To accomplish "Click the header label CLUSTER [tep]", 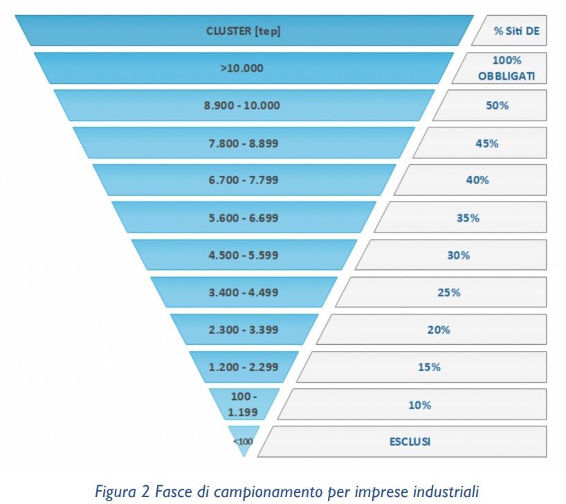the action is pyautogui.click(x=244, y=31).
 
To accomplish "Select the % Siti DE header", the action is pyautogui.click(x=517, y=31).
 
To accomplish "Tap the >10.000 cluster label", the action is pyautogui.click(x=242, y=68).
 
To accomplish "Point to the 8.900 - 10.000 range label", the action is pyautogui.click(x=242, y=105).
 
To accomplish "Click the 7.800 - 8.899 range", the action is pyautogui.click(x=244, y=143).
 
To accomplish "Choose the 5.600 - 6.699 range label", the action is pyautogui.click(x=244, y=218).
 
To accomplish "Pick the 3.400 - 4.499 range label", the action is pyautogui.click(x=244, y=292).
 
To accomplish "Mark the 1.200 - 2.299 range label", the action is pyautogui.click(x=244, y=367).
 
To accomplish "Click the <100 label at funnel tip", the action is pyautogui.click(x=243, y=442).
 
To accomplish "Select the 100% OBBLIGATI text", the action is pyautogui.click(x=506, y=68).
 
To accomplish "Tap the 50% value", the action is pyautogui.click(x=497, y=105).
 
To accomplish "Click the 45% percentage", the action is pyautogui.click(x=487, y=143).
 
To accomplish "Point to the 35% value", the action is pyautogui.click(x=468, y=218).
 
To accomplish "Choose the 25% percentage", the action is pyautogui.click(x=448, y=292).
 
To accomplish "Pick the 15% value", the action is pyautogui.click(x=429, y=367).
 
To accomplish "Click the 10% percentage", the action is pyautogui.click(x=419, y=405).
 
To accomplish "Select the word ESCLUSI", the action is pyautogui.click(x=410, y=442).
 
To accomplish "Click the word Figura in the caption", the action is pyautogui.click(x=116, y=492).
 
